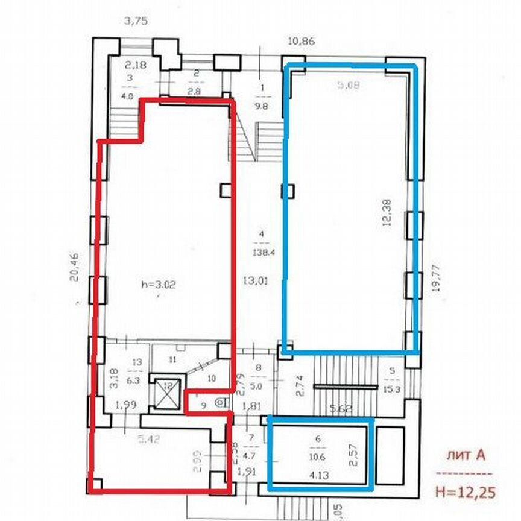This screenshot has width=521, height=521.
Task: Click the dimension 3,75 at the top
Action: coord(136,21)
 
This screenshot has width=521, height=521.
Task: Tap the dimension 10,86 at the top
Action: coord(303,42)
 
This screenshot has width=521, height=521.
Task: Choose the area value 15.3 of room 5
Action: coord(392,388)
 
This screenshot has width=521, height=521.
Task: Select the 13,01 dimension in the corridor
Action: coord(261,280)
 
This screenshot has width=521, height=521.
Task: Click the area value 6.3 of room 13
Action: coord(135,380)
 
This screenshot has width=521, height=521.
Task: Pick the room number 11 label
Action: coord(172,360)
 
